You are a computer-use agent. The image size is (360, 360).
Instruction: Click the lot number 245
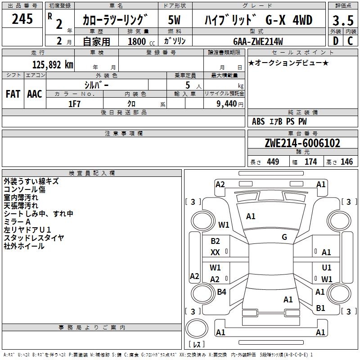22,20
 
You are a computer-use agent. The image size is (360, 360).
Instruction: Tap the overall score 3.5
342,21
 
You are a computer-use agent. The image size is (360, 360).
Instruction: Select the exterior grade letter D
335,40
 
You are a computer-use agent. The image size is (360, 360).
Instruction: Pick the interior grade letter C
350,40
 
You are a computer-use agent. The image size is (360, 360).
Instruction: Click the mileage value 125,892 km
53,64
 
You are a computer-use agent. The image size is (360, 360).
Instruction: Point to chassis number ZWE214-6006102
302,144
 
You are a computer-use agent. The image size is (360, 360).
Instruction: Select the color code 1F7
74,103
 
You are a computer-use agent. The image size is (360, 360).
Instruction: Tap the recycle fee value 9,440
227,103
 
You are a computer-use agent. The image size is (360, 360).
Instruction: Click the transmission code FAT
13,94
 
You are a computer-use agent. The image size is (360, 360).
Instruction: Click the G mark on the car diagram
284,237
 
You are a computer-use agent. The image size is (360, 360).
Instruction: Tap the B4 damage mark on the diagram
221,292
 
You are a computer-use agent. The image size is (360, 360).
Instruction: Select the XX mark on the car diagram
215,252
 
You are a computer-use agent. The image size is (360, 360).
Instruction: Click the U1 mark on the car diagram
327,268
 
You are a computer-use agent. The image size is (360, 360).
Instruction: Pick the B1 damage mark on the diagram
320,308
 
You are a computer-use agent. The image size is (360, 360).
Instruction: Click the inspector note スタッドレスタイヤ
34,238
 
